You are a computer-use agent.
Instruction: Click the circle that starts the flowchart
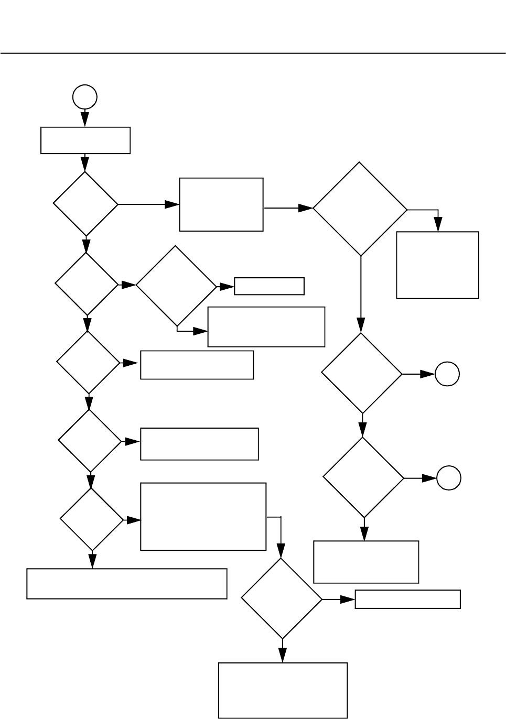click(x=85, y=97)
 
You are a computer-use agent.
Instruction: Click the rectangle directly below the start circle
click(x=85, y=140)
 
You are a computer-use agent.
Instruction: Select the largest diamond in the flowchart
click(x=360, y=209)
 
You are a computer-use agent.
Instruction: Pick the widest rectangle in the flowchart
click(x=127, y=583)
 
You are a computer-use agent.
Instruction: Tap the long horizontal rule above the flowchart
click(x=253, y=53)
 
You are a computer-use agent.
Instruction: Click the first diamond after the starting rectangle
click(x=85, y=204)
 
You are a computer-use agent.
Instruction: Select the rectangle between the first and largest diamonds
click(x=221, y=204)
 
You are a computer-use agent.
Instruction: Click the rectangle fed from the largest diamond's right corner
click(x=438, y=265)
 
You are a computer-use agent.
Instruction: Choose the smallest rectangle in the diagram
click(x=269, y=286)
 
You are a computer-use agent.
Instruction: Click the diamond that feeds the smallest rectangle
click(x=176, y=286)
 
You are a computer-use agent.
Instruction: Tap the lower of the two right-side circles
click(x=449, y=478)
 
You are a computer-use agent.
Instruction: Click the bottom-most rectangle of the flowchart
click(x=283, y=690)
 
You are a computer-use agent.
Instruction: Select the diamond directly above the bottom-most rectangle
click(x=282, y=598)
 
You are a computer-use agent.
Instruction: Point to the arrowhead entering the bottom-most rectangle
click(x=283, y=656)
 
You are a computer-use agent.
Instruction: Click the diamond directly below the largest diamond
click(x=362, y=374)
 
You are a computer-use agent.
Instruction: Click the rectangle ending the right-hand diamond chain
click(x=366, y=562)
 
